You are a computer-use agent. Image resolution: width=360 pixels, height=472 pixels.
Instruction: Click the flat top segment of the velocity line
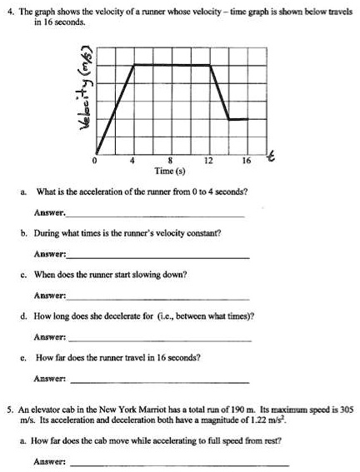pos(172,64)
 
